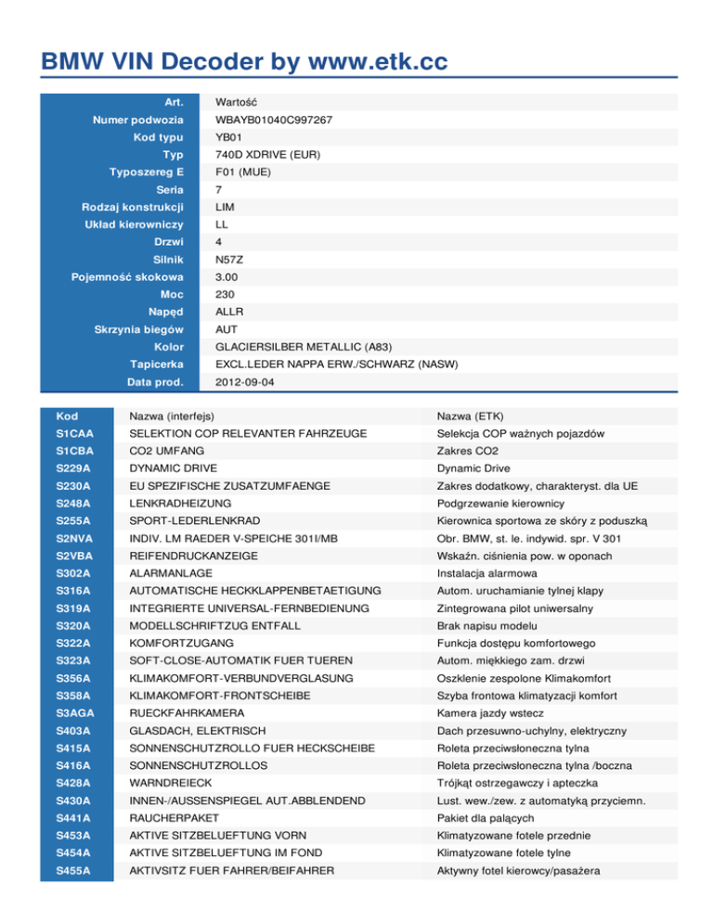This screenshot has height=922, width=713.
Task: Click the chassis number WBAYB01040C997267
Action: (273, 120)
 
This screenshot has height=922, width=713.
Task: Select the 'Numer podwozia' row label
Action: (137, 120)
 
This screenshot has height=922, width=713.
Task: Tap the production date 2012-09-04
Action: (243, 381)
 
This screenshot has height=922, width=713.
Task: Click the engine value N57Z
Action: (229, 260)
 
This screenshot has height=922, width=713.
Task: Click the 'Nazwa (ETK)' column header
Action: (472, 416)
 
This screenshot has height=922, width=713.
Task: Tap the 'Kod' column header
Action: (67, 416)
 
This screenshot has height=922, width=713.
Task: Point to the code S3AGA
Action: (74, 712)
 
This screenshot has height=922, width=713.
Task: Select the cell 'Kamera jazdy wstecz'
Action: (486, 712)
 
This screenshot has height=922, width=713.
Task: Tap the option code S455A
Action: (73, 869)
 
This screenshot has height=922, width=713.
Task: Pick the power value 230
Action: (226, 294)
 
